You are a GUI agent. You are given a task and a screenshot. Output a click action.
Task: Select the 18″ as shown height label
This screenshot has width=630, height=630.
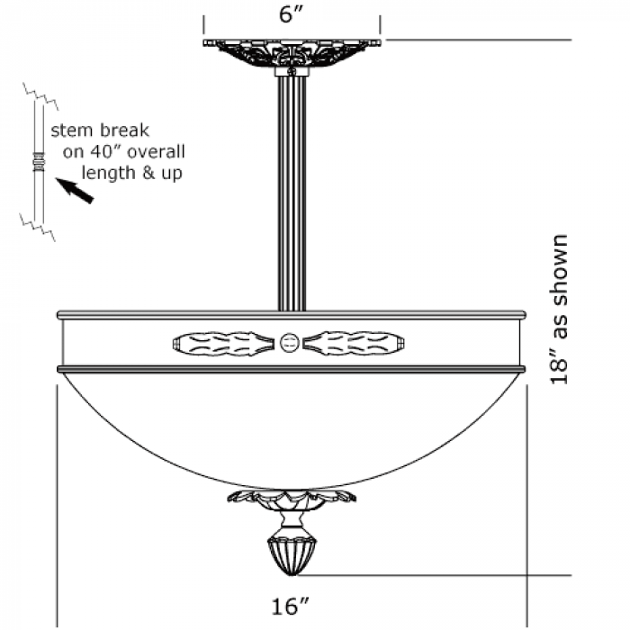pyautogui.click(x=560, y=310)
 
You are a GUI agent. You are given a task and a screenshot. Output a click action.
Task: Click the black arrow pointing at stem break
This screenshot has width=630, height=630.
pyautogui.click(x=75, y=190)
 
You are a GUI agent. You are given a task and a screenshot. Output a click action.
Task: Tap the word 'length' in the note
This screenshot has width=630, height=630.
pyautogui.click(x=105, y=172)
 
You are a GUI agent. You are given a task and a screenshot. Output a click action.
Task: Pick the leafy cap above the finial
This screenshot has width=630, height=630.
pyautogui.click(x=292, y=497)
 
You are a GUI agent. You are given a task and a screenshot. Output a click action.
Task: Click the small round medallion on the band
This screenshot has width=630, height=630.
pyautogui.click(x=290, y=342)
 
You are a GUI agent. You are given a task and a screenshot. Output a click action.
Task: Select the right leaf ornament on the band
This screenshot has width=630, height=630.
pyautogui.click(x=355, y=342)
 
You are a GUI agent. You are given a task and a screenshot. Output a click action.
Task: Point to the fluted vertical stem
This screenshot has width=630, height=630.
pyautogui.click(x=292, y=189)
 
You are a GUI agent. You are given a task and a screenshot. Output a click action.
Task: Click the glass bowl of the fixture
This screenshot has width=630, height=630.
pyautogui.click(x=290, y=423)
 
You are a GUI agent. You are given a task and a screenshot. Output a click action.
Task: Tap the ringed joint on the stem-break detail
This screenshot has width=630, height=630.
pyautogui.click(x=39, y=163)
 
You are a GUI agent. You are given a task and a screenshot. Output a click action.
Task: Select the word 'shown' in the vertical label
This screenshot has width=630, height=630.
pyautogui.click(x=560, y=261)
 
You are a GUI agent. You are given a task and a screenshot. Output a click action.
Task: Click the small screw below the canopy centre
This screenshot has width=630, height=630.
pyautogui.click(x=292, y=70)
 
